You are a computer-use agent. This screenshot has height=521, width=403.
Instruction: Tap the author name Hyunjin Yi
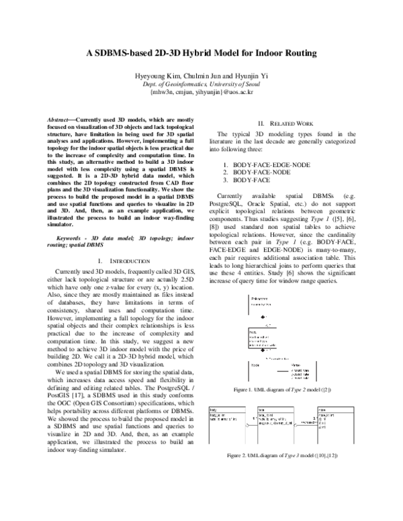250,75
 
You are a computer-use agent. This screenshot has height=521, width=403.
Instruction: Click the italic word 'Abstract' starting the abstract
66,118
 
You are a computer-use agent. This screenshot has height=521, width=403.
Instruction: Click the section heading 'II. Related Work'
281,124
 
